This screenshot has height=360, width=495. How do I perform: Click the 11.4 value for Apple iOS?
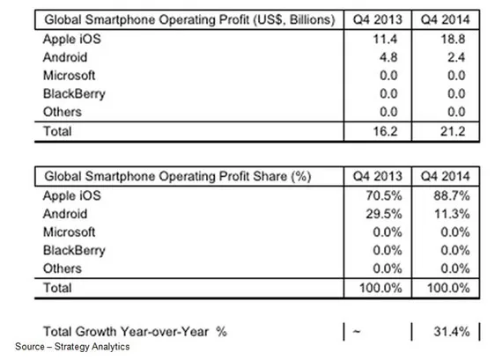(385, 39)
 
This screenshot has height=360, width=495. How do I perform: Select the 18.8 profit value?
(453, 39)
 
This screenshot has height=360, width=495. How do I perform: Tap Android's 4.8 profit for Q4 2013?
(388, 57)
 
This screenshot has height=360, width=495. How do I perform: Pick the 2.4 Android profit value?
(456, 57)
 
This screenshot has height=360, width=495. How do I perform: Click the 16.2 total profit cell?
(385, 131)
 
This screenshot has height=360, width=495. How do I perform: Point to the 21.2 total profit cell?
(453, 131)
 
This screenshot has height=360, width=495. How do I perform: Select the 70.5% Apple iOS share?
(384, 195)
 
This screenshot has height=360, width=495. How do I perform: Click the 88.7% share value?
(452, 195)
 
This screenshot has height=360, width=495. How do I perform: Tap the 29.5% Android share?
(384, 214)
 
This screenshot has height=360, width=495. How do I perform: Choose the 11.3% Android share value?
(452, 214)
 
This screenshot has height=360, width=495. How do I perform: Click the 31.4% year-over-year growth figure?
(452, 332)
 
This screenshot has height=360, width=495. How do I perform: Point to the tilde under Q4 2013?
(357, 331)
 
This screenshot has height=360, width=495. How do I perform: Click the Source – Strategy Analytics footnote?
(72, 347)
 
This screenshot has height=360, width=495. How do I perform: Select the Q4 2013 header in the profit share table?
(378, 176)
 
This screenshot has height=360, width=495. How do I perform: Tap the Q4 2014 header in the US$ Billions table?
(446, 19)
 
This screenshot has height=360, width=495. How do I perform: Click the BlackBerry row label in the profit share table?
(74, 251)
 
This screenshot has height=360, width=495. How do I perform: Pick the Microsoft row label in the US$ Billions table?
(69, 76)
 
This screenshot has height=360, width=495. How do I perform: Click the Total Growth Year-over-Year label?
(135, 332)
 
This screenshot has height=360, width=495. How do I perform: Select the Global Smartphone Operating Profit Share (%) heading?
(178, 176)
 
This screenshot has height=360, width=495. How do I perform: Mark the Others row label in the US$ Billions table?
(63, 112)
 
